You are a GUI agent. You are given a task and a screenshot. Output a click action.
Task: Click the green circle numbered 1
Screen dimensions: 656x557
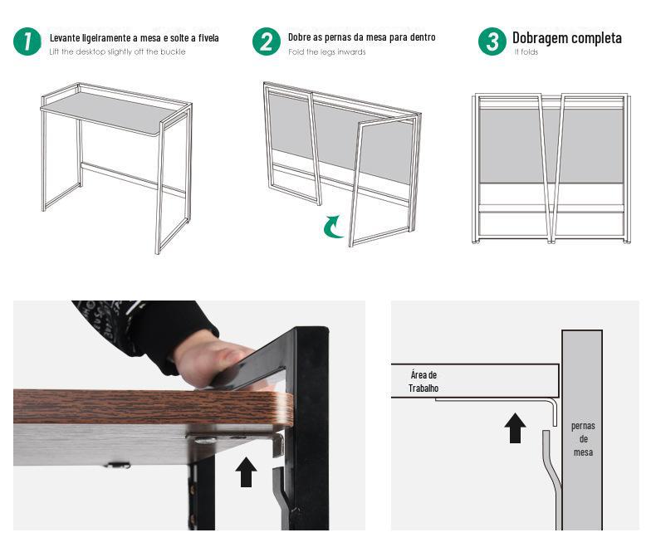pos(27,42)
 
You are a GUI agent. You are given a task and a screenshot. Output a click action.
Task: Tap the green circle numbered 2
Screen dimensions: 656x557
pos(267,42)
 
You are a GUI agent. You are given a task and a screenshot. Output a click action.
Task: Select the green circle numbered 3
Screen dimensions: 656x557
pos(492,42)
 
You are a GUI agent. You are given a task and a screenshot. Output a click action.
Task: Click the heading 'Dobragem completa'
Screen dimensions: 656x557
pos(567,38)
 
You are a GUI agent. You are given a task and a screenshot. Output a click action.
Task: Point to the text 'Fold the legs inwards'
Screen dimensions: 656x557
pos(326,51)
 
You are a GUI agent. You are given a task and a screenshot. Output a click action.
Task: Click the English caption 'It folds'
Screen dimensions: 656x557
pos(526,51)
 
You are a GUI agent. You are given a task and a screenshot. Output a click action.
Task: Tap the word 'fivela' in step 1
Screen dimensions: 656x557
pos(208,38)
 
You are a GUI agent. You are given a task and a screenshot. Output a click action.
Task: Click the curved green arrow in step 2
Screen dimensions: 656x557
pos(334,227)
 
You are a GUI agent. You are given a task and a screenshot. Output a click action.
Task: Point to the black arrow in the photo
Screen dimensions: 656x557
pos(246,471)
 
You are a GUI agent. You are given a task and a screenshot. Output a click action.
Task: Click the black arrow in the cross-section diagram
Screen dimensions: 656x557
pos(515,428)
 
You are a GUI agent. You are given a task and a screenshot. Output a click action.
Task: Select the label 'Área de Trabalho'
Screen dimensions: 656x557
pos(423,381)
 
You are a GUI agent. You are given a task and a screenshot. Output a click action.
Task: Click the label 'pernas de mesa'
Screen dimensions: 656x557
pos(583,439)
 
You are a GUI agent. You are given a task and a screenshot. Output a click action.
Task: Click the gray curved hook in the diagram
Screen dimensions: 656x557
pos(552,476)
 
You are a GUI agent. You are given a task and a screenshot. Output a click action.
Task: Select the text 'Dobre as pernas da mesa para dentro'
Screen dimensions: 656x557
pos(362,37)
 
